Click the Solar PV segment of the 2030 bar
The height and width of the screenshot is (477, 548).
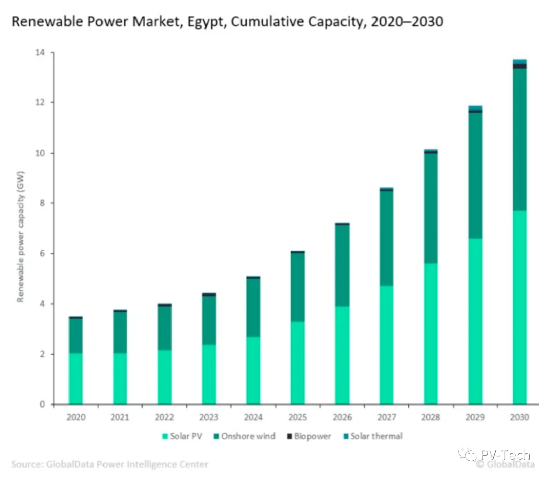point(520,307)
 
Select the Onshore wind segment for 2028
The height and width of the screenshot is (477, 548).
point(431,208)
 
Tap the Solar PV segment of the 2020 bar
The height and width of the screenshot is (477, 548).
point(76,378)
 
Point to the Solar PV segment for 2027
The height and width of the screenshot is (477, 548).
point(387,345)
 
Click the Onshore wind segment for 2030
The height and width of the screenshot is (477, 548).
point(520,139)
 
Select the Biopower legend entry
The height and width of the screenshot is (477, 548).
point(309,436)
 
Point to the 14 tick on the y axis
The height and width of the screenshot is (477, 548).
point(40,53)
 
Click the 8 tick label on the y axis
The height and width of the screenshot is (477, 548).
point(42,203)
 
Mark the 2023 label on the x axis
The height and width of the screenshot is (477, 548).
point(209,418)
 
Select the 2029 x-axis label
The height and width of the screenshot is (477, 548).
point(475,418)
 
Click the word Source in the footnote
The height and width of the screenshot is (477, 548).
point(26,464)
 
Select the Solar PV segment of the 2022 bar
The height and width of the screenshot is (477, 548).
point(164,377)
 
